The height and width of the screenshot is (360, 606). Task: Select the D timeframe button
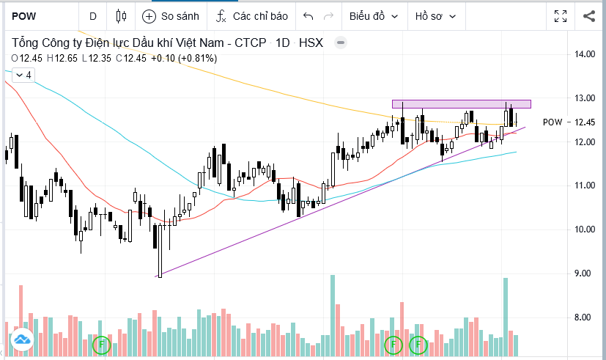click(x=93, y=15)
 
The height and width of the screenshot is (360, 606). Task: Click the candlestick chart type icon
click(x=122, y=15)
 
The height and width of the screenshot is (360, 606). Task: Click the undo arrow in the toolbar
click(x=308, y=15)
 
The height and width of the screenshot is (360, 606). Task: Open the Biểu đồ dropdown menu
click(x=374, y=15)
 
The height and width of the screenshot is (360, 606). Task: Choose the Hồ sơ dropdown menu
click(x=435, y=15)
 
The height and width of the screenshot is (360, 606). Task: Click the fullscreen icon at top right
click(x=561, y=15)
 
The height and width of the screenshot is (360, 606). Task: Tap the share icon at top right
click(x=589, y=15)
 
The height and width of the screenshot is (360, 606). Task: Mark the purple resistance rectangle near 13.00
click(x=461, y=103)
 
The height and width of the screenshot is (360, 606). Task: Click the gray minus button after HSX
click(x=340, y=43)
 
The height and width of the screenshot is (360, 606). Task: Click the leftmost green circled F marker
click(x=102, y=343)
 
